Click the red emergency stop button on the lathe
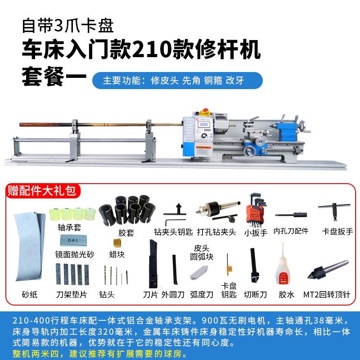207,110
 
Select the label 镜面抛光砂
75,254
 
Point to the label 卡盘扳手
337,232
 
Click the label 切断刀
255,295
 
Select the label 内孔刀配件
291,231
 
